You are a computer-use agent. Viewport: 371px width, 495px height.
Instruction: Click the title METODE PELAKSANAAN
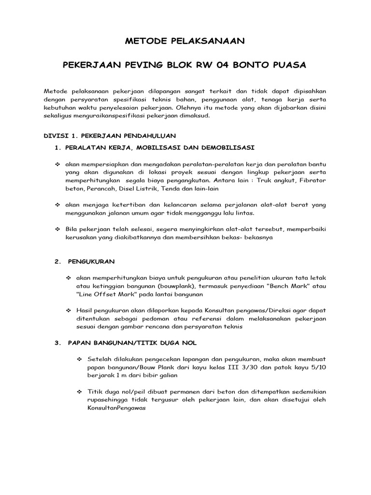point(185,42)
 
